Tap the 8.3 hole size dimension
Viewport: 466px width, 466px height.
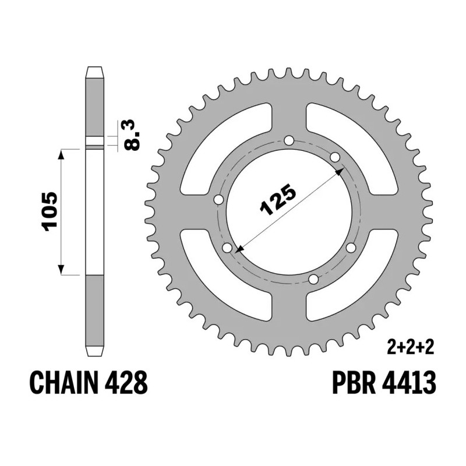(133, 135)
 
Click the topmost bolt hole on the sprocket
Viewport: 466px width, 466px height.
(290, 141)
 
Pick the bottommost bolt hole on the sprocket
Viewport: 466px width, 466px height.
(313, 280)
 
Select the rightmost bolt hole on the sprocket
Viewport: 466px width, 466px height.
(351, 248)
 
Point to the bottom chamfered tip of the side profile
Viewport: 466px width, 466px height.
(95, 351)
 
